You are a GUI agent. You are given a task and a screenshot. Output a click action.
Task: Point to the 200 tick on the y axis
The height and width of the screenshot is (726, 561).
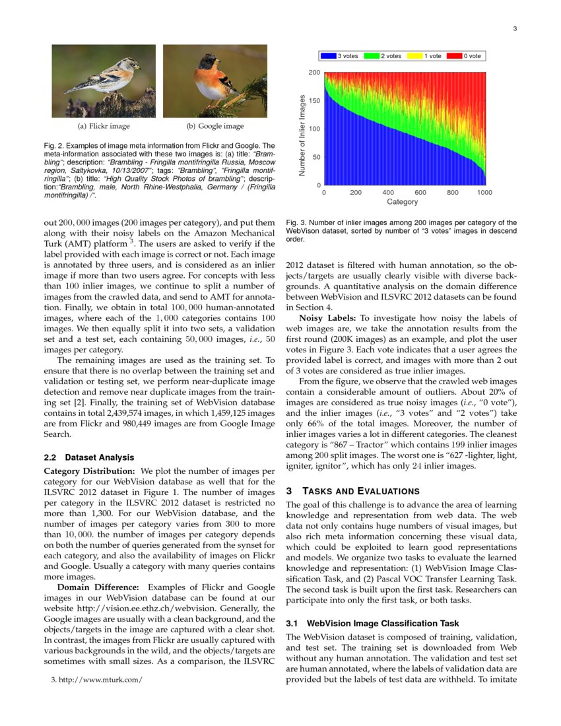(x=315, y=72)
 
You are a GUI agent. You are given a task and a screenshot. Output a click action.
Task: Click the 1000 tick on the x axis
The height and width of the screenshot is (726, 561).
(x=484, y=193)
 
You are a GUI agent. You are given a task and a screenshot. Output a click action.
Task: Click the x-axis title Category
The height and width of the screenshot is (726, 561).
(x=402, y=201)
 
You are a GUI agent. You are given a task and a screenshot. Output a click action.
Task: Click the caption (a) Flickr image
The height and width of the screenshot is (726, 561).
(x=104, y=126)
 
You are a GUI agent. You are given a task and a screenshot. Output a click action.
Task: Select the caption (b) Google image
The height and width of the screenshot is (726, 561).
(x=214, y=126)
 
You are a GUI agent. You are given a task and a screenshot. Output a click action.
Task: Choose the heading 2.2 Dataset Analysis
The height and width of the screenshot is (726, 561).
(x=88, y=457)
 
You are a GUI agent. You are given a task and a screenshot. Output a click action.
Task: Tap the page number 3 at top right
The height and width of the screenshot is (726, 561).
(x=514, y=28)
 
